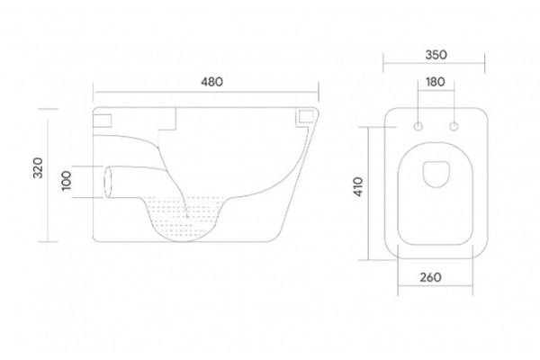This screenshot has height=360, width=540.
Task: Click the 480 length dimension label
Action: coord(211,82)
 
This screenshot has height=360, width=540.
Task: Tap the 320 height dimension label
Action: coord(38,167)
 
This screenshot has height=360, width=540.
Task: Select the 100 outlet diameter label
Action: coord(66,180)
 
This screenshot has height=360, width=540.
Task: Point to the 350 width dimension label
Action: coord(436,55)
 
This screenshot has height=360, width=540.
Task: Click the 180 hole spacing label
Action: coord(436,82)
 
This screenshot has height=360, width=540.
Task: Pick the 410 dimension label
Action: coord(358,186)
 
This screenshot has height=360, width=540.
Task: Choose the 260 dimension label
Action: coord(430,277)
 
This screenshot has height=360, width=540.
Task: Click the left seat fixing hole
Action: coord(418,127)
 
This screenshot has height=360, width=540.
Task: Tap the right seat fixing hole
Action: coord(454,127)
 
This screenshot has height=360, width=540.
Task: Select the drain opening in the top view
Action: coord(436,175)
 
